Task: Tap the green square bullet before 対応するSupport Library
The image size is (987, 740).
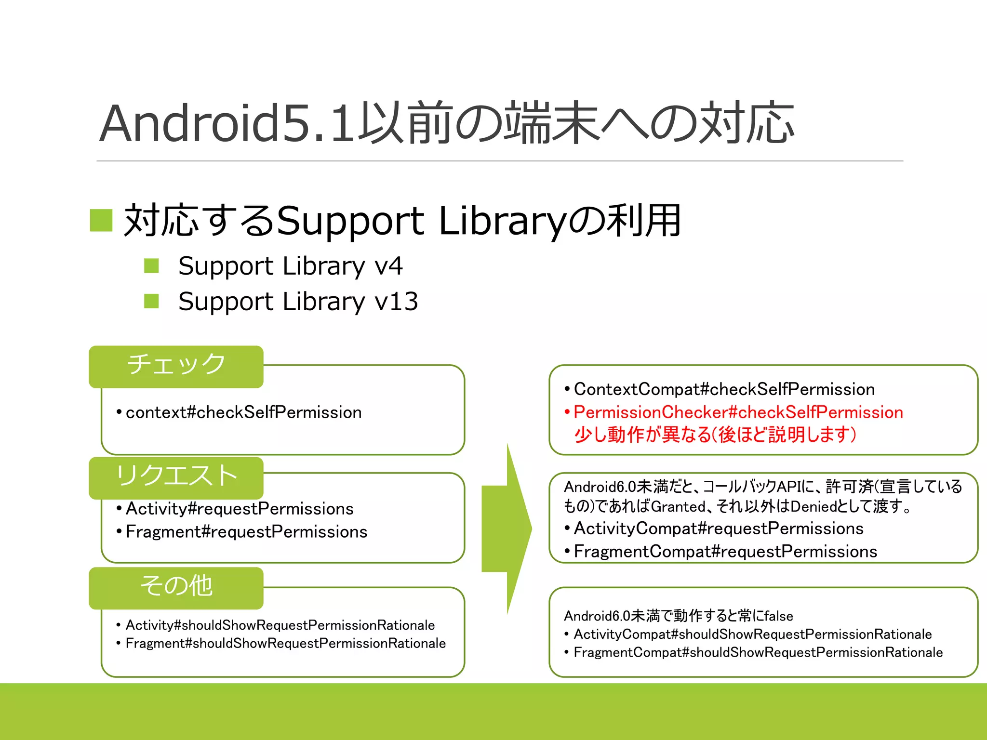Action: pyautogui.click(x=101, y=220)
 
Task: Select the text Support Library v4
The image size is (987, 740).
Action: pyautogui.click(x=290, y=266)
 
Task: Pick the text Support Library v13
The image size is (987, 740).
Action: pyautogui.click(x=298, y=302)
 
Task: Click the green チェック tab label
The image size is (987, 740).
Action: pyautogui.click(x=176, y=365)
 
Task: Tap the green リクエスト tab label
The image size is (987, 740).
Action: pyautogui.click(x=176, y=476)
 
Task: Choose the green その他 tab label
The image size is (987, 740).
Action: pyautogui.click(x=176, y=586)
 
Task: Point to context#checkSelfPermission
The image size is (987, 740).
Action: pyautogui.click(x=243, y=412)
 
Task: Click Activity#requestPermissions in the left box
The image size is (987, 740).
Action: pyautogui.click(x=240, y=509)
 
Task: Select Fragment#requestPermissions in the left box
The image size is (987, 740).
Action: pyautogui.click(x=246, y=532)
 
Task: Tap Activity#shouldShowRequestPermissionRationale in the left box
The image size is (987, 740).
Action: pyautogui.click(x=280, y=625)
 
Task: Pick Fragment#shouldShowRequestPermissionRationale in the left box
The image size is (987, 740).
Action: pyautogui.click(x=285, y=644)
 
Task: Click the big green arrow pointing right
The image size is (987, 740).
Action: pyautogui.click(x=506, y=529)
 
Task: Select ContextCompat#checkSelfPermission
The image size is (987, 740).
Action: pyautogui.click(x=724, y=389)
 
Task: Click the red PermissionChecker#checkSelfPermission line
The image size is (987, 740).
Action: pyautogui.click(x=738, y=412)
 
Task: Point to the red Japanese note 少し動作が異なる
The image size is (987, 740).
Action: pyautogui.click(x=715, y=435)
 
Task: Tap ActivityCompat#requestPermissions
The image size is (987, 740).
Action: pyautogui.click(x=718, y=529)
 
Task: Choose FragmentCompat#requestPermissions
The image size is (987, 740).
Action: pyautogui.click(x=725, y=552)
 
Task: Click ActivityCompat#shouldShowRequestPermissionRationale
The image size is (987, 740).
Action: pyautogui.click(x=752, y=634)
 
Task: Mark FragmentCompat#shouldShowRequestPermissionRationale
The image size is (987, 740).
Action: pyautogui.click(x=758, y=653)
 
